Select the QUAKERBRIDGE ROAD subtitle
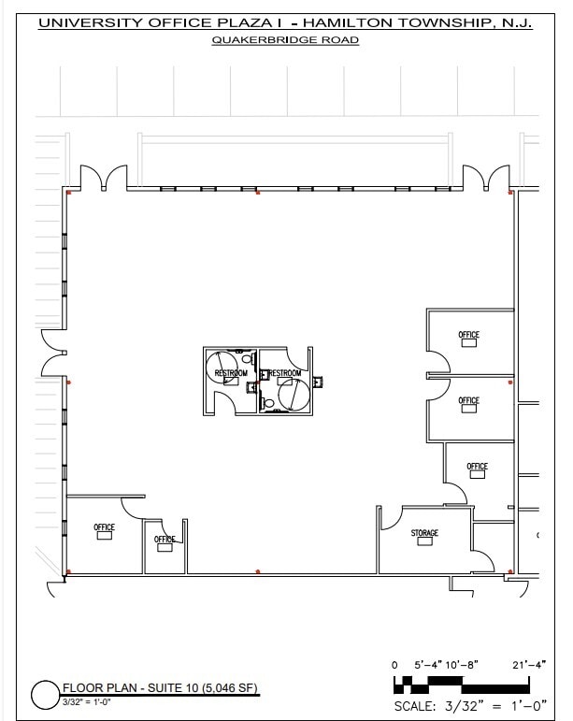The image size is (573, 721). coord(285,40)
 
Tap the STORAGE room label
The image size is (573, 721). coord(424,533)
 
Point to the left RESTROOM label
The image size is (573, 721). coord(231,373)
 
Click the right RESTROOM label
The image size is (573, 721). coord(285,373)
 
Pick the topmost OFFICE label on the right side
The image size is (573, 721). coord(468,335)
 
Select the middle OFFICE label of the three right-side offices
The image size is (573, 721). coord(468,400)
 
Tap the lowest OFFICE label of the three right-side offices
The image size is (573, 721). coord(477,466)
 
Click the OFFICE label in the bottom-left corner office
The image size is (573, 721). coord(104,527)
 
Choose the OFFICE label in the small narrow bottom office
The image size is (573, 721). coord(165,539)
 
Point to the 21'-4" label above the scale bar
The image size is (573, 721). coord(530,664)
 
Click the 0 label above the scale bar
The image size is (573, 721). coord(395,664)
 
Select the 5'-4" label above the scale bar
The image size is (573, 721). coord(428,664)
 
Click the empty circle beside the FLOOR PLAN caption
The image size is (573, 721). coord(45,695)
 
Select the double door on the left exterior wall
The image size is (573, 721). coord(51,353)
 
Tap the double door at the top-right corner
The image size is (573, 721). coord(485,177)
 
